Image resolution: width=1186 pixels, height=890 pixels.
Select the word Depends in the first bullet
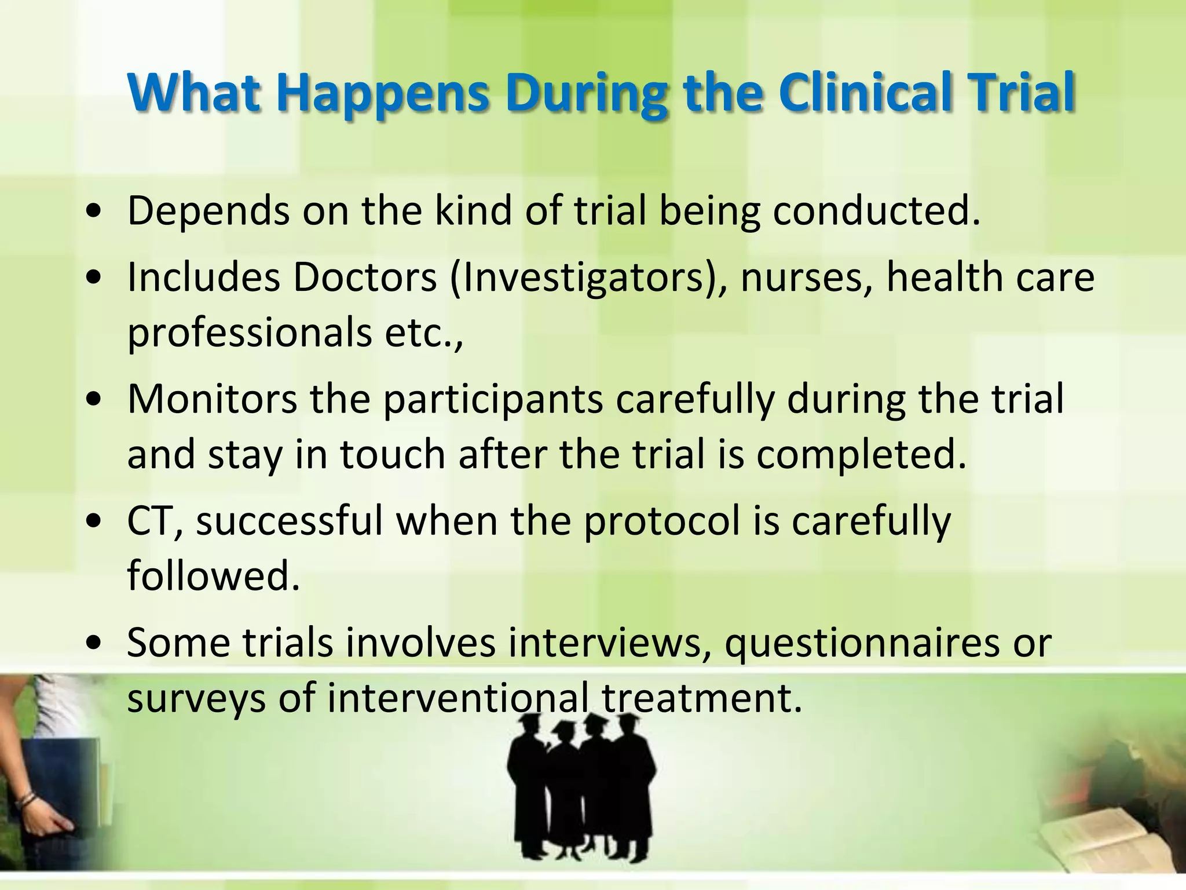click(x=208, y=211)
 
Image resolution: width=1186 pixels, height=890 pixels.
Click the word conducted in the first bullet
click(x=876, y=211)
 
